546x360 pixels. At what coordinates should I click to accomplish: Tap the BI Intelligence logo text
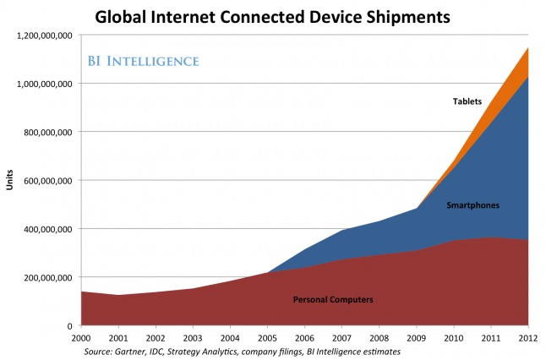tap(144, 61)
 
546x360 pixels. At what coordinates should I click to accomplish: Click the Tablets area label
tap(467, 102)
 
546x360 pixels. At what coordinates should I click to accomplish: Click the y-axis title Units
tap(10, 180)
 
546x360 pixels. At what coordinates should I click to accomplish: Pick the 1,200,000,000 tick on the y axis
tap(43, 35)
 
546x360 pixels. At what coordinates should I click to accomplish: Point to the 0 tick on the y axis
tap(72, 325)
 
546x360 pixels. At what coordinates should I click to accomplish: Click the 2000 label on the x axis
tap(81, 336)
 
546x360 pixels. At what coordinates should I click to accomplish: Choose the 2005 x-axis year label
tap(267, 336)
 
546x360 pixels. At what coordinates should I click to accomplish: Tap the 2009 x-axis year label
tap(416, 336)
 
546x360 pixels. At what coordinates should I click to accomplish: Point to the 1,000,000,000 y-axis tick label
tap(43, 84)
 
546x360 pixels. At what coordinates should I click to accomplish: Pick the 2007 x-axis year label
tap(341, 336)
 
